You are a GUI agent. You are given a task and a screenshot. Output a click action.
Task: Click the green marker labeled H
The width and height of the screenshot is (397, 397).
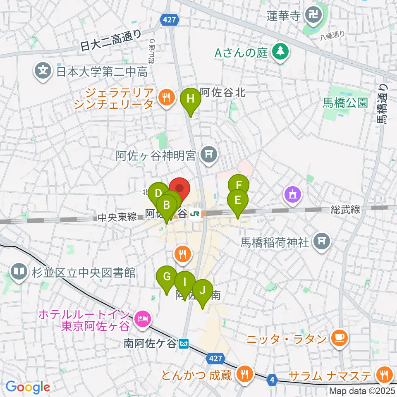(x=190, y=100)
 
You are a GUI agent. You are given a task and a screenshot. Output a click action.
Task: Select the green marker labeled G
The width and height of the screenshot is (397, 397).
(x=167, y=277)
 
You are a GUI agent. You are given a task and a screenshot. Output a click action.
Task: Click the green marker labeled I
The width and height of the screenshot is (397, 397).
(x=185, y=282)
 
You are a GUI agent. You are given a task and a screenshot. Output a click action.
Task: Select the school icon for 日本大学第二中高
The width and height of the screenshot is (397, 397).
(x=43, y=72)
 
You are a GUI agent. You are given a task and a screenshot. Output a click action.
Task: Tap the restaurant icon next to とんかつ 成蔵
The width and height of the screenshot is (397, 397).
(x=244, y=375)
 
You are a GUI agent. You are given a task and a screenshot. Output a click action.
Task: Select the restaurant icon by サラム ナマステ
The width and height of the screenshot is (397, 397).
(x=385, y=375)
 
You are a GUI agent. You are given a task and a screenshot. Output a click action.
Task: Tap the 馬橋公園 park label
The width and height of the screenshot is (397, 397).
(x=346, y=103)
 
